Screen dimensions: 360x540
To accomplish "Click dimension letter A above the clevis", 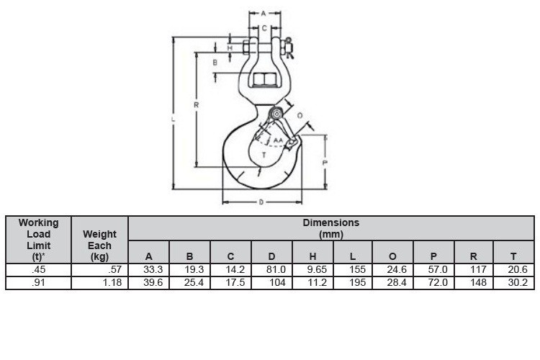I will coord(264,13).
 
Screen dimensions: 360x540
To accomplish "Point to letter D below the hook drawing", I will coord(261,202).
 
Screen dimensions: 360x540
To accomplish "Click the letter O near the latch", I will coord(300,115).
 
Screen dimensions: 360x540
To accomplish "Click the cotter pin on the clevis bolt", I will coord(289,48).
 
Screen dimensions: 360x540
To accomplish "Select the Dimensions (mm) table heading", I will coord(330,228).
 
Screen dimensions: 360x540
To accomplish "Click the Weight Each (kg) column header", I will coord(100,245).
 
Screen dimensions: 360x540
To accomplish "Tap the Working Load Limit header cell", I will coord(39,240).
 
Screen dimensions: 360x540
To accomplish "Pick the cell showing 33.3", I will coord(149,270).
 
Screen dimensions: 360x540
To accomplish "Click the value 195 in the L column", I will coord(352,283).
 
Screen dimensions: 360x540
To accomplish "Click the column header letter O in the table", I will coord(392,256).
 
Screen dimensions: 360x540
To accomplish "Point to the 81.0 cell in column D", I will coord(272,270).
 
